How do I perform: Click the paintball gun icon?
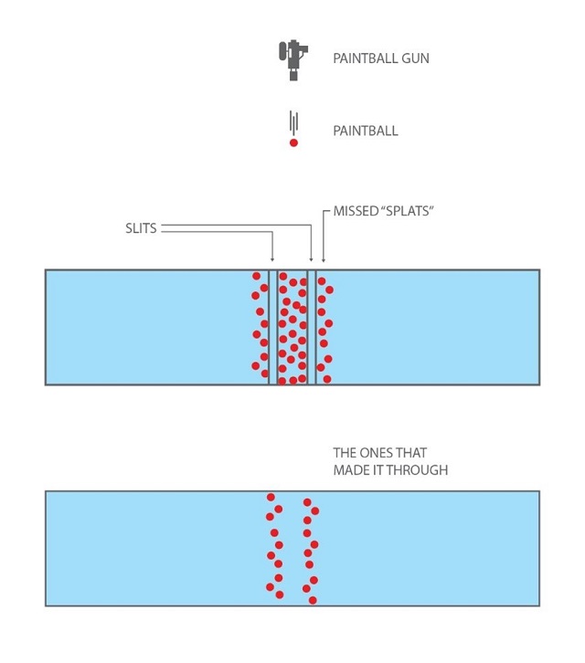[x=292, y=59]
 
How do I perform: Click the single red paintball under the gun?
[x=293, y=142]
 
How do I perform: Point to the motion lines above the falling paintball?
[x=293, y=122]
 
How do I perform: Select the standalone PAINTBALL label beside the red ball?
[x=366, y=131]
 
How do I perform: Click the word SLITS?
[x=141, y=228]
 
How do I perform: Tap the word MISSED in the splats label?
[x=356, y=211]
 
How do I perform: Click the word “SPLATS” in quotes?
[x=408, y=211]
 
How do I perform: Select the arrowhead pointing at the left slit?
[x=272, y=259]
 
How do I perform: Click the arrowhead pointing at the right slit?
[x=312, y=259]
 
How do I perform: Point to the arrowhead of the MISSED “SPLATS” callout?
[x=324, y=259]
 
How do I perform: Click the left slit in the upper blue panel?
[x=273, y=327]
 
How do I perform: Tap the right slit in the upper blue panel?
[x=312, y=327]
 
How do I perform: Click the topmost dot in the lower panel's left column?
[x=271, y=497]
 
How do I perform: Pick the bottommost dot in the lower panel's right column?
[x=313, y=600]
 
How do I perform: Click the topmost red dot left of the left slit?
[x=257, y=276]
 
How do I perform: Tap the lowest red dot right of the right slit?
[x=327, y=379]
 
